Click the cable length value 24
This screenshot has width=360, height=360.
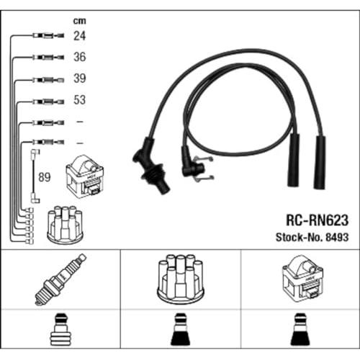[x=79, y=36]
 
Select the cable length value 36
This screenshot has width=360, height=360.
[x=79, y=57]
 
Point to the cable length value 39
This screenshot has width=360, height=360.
[x=79, y=78]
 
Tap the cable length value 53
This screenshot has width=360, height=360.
[x=79, y=99]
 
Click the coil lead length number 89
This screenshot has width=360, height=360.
[x=45, y=177]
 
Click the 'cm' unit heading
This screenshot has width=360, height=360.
[x=79, y=21]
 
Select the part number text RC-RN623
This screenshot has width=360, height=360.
[x=317, y=220]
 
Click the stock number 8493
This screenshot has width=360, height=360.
[x=337, y=238]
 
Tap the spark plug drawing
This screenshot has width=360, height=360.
[x=60, y=279]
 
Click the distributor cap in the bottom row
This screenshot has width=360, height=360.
[x=180, y=279]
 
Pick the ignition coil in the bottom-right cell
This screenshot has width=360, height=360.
[x=303, y=279]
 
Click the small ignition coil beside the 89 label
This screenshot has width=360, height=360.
[x=85, y=177]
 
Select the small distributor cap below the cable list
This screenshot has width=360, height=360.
[x=65, y=224]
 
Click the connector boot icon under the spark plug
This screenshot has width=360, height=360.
[x=60, y=329]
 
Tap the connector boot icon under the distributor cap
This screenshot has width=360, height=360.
[x=180, y=329]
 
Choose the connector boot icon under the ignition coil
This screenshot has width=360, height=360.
[x=300, y=329]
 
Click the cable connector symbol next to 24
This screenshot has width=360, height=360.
[x=48, y=36]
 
